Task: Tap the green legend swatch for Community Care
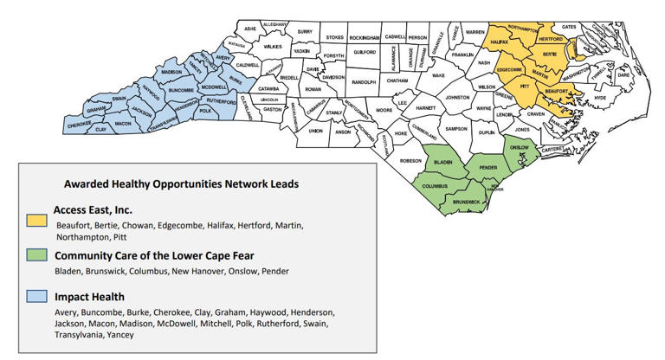(37, 258)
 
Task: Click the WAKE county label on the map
(439, 75)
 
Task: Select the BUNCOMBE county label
(181, 90)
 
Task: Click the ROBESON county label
(410, 162)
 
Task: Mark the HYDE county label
(600, 99)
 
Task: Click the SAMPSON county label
(455, 129)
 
